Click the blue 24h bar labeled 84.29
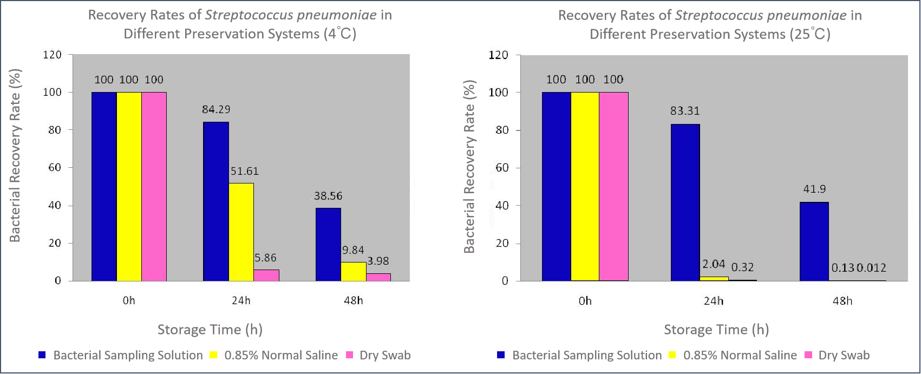pos(215,201)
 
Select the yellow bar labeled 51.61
pos(241,232)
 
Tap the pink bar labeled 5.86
pos(266,275)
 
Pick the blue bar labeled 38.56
pos(328,244)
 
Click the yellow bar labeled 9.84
pos(353,271)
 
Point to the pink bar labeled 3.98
pos(378,277)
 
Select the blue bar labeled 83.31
pos(685,202)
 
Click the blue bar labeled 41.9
pos(814,241)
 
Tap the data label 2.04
pos(714,264)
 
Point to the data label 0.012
pos(871,267)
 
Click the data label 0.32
pos(742,267)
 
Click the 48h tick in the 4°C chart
pos(353,300)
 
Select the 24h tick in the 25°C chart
pos(713,300)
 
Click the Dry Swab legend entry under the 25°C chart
pos(843,355)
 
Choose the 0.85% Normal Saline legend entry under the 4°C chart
pos(280,355)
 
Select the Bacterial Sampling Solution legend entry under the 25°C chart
pos(586,355)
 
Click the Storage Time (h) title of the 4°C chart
pos(210,330)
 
